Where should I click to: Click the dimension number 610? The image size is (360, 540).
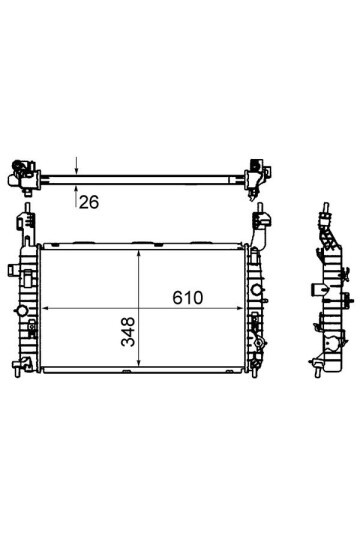point(188,298)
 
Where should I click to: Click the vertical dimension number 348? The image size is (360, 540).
point(128,331)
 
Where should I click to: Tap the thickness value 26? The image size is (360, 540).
point(89,202)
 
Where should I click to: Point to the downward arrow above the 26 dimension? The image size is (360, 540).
point(76,166)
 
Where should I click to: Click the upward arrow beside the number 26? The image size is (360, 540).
point(76,195)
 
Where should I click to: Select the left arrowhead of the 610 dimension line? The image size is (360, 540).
point(45,309)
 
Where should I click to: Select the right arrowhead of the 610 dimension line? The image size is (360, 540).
point(240,309)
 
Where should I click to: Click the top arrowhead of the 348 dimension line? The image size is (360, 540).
point(138,254)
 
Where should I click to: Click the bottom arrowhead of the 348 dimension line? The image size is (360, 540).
point(138,362)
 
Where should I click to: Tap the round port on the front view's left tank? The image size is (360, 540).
point(21,311)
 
